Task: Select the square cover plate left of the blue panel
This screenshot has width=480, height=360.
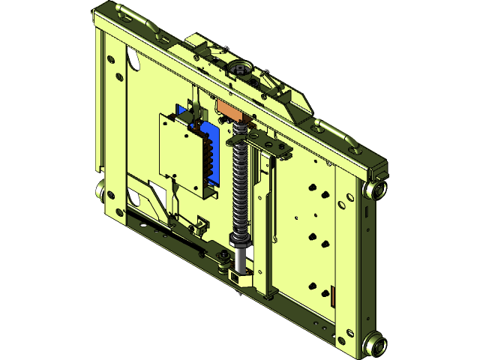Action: coord(180,154)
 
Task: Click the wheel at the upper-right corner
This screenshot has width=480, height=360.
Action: coord(376,188)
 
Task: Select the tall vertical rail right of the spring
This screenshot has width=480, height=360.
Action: coord(264,217)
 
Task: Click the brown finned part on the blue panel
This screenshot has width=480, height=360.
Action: coord(202,157)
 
